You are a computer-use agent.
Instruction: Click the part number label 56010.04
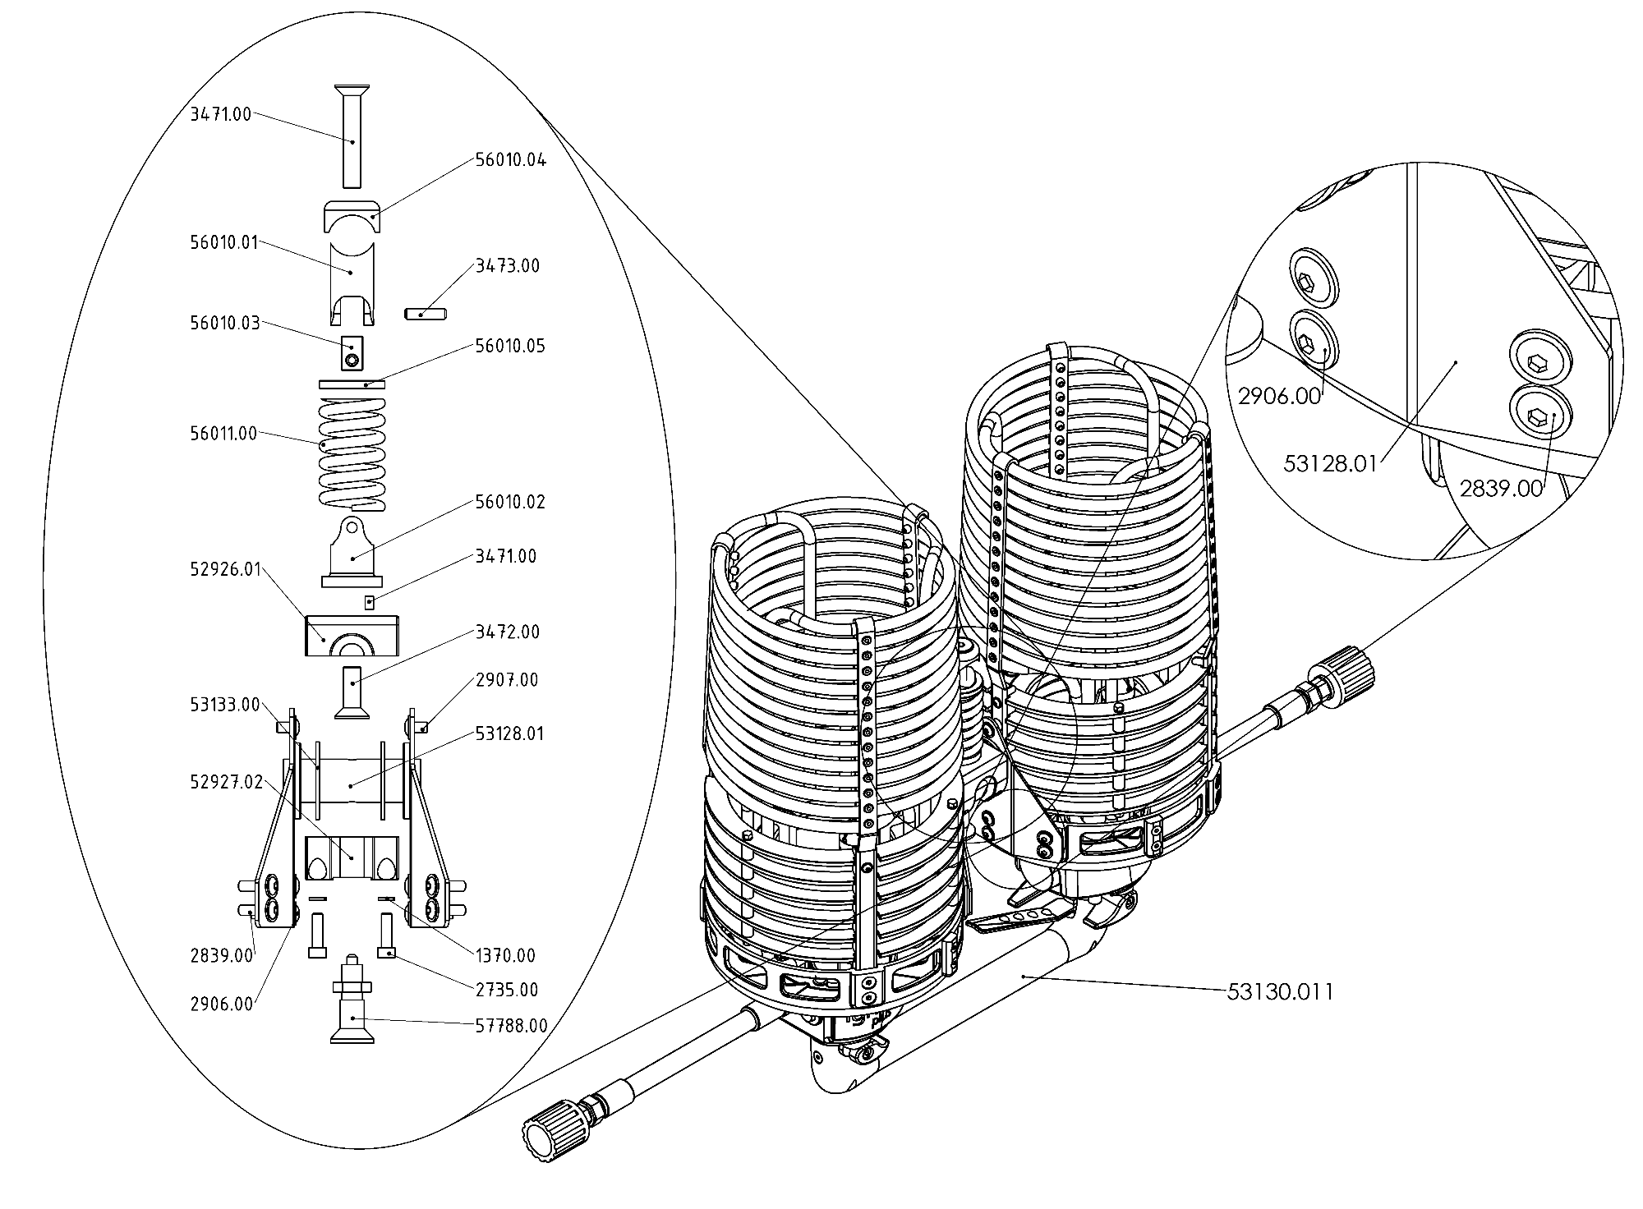510,160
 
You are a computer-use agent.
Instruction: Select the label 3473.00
508,266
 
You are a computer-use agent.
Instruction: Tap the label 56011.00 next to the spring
223,434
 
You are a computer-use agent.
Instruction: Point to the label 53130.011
1280,992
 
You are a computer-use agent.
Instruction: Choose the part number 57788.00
511,1026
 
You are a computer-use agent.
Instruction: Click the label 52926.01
225,570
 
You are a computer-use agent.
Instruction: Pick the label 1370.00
505,956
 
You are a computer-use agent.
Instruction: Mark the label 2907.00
507,680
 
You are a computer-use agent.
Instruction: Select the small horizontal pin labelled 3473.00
425,313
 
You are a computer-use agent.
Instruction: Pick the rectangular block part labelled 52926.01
352,636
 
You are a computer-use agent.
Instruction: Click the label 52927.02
226,782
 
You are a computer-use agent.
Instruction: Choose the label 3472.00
508,632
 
